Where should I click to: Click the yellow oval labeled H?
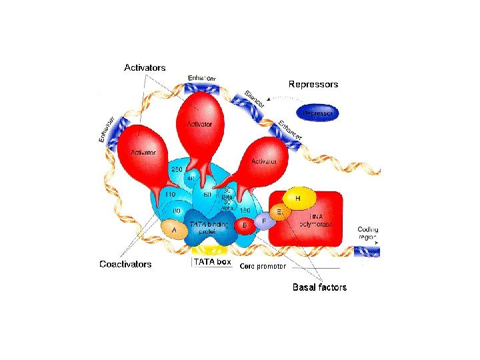(x=297, y=198)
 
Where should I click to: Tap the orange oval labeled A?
(x=175, y=230)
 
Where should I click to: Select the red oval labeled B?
(x=245, y=225)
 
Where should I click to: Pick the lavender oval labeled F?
(x=264, y=221)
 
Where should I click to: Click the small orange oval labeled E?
(x=279, y=211)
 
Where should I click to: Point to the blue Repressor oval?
(x=317, y=113)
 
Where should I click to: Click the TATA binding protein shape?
(x=209, y=227)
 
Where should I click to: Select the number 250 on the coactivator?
(x=177, y=170)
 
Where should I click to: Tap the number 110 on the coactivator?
(x=169, y=195)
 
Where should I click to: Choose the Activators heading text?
(x=145, y=67)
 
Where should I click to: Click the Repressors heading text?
(x=313, y=85)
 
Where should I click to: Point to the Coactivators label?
(x=125, y=264)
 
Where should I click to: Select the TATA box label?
(x=212, y=262)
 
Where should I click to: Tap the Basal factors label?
(x=319, y=287)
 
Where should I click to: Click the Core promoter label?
(x=263, y=266)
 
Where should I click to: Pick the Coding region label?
(x=367, y=233)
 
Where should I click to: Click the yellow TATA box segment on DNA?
(x=211, y=251)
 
